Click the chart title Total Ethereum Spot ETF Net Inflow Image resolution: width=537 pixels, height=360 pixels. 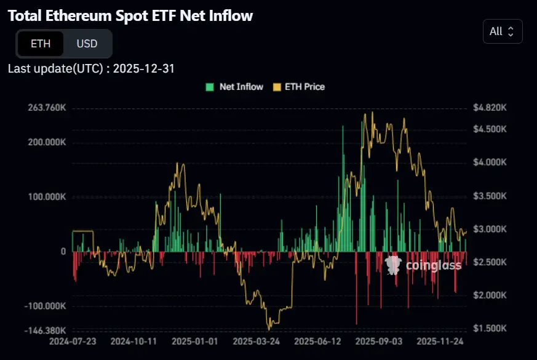(x=130, y=16)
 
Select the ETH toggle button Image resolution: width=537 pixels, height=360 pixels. (x=40, y=44)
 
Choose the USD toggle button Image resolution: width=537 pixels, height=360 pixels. (x=87, y=44)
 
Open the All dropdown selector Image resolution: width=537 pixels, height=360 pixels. (x=502, y=31)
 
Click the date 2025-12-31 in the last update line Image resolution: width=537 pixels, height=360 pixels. (x=144, y=68)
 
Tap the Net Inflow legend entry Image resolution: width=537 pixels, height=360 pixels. (x=234, y=87)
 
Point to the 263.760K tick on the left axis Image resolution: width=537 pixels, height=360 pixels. (x=47, y=108)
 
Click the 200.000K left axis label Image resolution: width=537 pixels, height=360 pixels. (x=47, y=142)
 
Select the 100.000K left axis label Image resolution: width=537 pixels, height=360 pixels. (x=47, y=197)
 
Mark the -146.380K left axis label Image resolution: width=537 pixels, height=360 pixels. (x=46, y=330)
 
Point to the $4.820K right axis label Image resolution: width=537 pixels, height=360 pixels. (x=490, y=108)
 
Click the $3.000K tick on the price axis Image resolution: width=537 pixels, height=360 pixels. (x=490, y=229)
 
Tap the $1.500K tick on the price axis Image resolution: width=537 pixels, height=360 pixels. (x=490, y=329)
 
